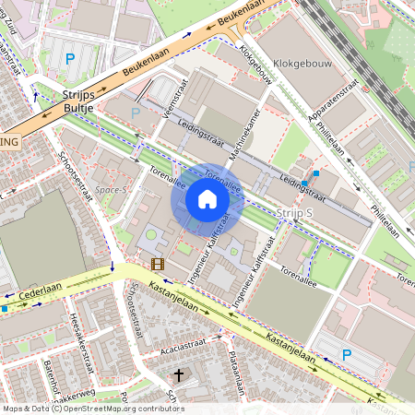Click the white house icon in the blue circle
[x=207, y=198]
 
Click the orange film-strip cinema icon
[x=158, y=265]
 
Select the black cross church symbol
[x=180, y=375]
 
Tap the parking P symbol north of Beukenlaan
[x=70, y=59]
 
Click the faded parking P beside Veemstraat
[x=136, y=113]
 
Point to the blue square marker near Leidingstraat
[x=315, y=172]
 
